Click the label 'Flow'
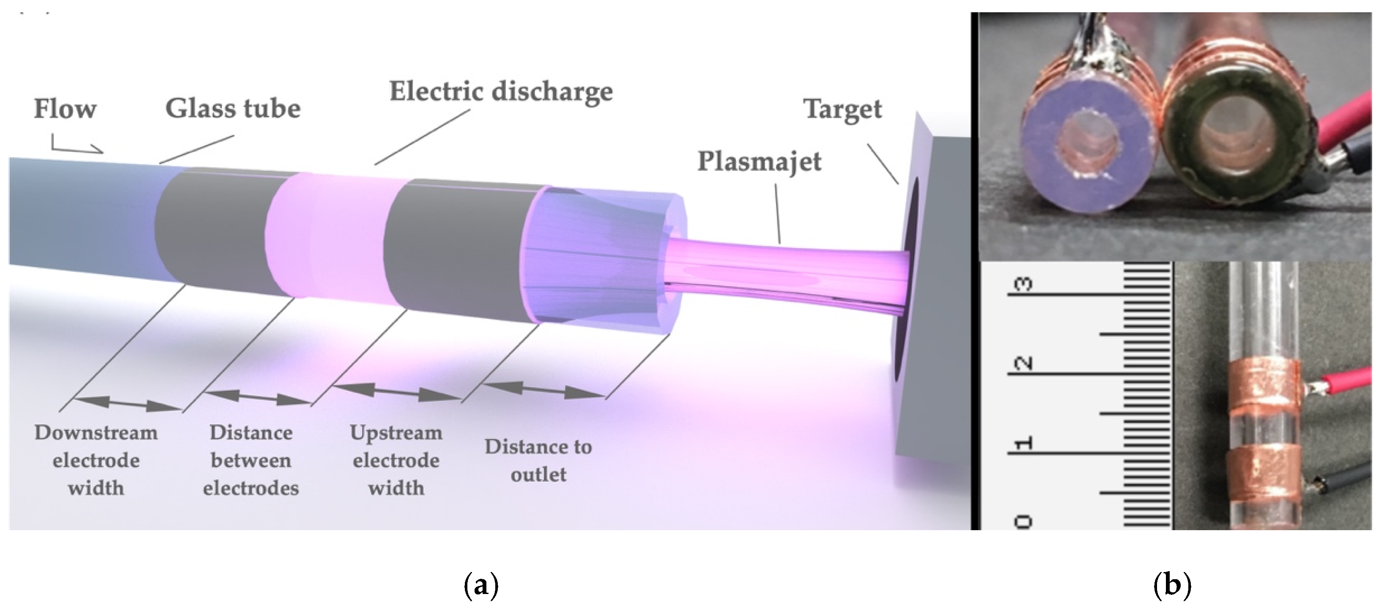tap(65, 109)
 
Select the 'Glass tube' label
tap(233, 109)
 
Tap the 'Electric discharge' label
tap(501, 92)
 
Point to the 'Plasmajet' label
tap(759, 162)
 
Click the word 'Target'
tap(842, 110)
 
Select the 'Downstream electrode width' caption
tap(96, 460)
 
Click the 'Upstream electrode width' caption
tap(396, 460)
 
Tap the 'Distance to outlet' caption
tap(538, 460)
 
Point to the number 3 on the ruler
tap(1024, 284)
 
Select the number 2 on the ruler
tap(1024, 363)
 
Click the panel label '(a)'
tap(481, 585)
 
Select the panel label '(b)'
tap(1171, 585)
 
